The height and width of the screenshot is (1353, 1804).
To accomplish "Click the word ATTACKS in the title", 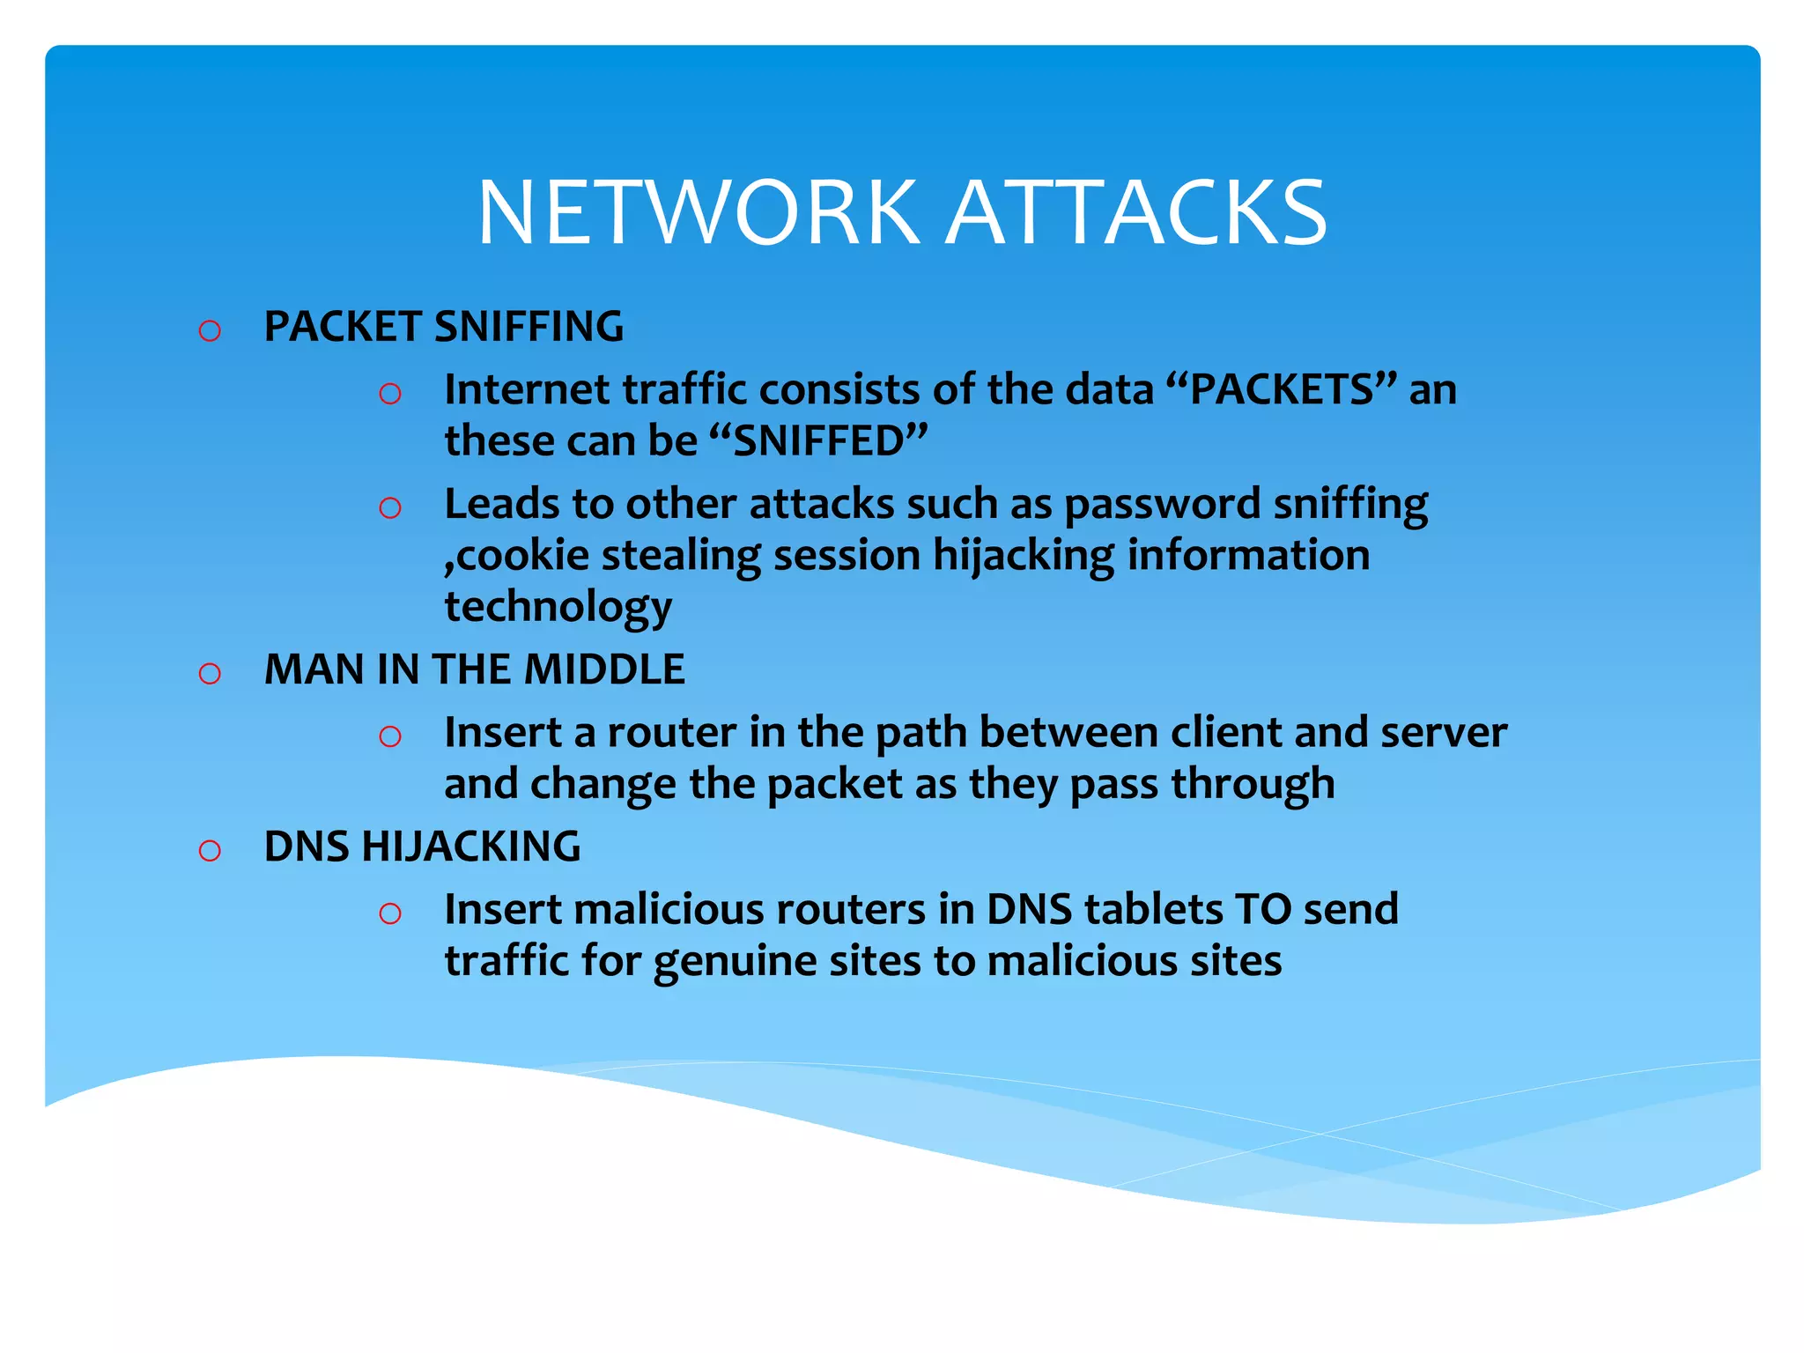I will tap(1135, 213).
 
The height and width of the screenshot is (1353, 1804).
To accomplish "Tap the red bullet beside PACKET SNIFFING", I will tap(210, 331).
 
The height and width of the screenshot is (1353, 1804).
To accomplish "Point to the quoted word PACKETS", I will tap(1282, 389).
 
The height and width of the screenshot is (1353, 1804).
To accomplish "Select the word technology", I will tap(558, 608).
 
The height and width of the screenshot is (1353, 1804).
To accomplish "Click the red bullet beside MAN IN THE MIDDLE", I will tap(210, 674).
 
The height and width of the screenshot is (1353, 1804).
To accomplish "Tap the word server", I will tap(1444, 733).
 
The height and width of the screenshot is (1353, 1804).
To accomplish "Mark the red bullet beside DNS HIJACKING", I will tap(210, 851).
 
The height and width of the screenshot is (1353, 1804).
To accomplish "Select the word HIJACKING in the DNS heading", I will tap(471, 847).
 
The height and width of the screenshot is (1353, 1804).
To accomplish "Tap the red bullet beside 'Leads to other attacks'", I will tap(390, 508).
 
